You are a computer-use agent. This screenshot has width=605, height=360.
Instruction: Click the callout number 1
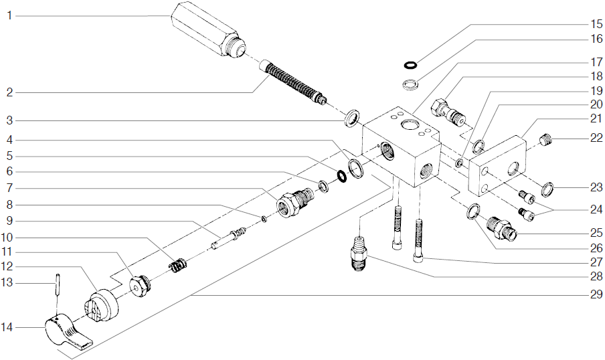click(x=9, y=15)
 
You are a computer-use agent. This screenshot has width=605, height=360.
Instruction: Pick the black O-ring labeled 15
click(x=411, y=65)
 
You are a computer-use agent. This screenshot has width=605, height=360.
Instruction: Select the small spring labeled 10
click(x=176, y=266)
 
